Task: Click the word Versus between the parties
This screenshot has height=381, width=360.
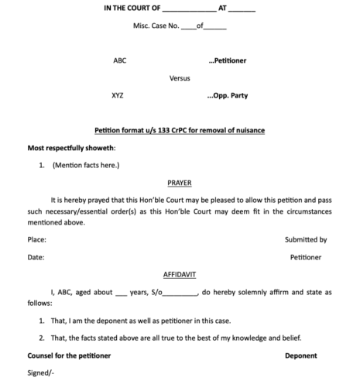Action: point(180,78)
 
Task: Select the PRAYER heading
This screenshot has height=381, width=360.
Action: point(180,183)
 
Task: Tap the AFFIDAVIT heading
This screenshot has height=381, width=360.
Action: point(180,274)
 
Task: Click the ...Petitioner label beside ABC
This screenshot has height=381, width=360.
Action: point(228,60)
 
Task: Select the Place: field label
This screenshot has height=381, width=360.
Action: point(37,240)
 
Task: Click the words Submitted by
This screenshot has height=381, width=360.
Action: point(306,240)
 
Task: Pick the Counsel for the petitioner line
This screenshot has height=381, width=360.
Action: point(69,355)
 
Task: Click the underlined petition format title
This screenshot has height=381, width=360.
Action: point(180,130)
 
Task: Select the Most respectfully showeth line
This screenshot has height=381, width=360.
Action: point(71,147)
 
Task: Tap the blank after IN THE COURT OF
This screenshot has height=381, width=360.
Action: point(190,10)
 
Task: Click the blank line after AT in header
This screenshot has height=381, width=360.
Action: point(242,10)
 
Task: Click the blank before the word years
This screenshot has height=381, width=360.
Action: point(120,293)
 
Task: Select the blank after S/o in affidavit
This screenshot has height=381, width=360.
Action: point(180,293)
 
